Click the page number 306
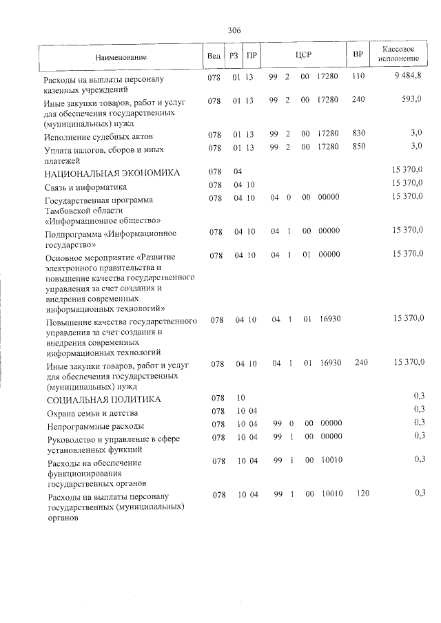[x=234, y=30]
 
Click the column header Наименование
[x=121, y=56]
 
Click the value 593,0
[x=411, y=100]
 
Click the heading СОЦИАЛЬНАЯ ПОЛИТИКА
[x=104, y=399]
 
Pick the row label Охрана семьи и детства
[x=92, y=413]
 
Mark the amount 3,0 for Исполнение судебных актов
[x=416, y=133]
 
